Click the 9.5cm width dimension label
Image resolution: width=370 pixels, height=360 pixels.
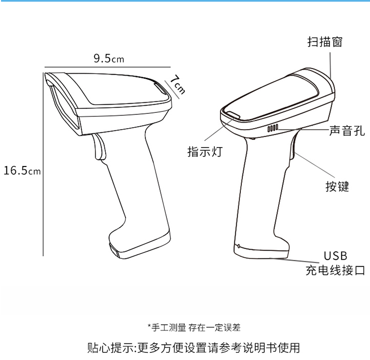pos(109,58)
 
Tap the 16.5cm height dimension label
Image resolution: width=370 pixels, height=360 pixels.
pos(22,171)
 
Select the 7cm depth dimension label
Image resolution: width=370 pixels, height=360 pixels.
pos(178,85)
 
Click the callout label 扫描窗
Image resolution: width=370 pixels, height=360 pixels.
pos(325,42)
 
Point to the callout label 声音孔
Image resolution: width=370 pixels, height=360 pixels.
pos(347,131)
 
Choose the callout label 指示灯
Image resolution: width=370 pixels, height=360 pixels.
pos(205,151)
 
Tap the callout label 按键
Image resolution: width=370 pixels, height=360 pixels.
pos(337,186)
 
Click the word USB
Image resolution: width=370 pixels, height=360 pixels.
pos(335,256)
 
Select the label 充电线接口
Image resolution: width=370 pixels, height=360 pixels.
pos(335,270)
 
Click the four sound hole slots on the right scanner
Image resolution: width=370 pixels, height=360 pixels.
pos(273,128)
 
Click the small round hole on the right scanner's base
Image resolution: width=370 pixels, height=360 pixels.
pos(239,246)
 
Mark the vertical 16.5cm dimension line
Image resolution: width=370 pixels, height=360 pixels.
pos(43,164)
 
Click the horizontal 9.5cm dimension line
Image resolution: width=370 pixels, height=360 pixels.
pos(107,67)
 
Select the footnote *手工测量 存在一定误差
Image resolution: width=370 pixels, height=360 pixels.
pos(194,328)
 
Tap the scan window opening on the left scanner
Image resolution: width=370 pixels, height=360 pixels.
pos(64,106)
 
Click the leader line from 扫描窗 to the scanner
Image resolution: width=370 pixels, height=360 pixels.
pos(331,66)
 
